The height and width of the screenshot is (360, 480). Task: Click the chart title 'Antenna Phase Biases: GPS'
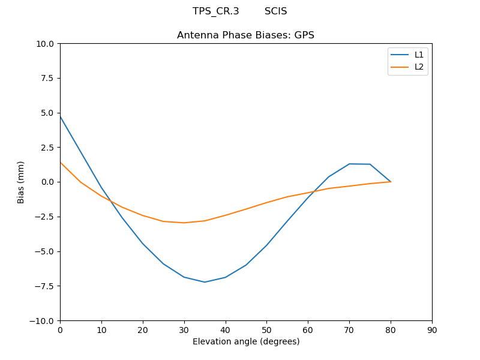pyautogui.click(x=245, y=35)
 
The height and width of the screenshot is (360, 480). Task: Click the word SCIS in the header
pyautogui.click(x=275, y=11)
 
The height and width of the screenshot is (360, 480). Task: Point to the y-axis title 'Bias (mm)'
pyautogui.click(x=21, y=182)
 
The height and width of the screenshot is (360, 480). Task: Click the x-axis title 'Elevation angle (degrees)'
pyautogui.click(x=246, y=341)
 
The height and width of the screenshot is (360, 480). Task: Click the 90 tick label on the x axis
pyautogui.click(x=432, y=330)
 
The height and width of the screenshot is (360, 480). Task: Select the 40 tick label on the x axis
pyautogui.click(x=225, y=330)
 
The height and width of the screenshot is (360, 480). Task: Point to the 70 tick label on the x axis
pyautogui.click(x=349, y=330)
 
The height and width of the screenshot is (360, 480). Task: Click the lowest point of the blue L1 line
pyautogui.click(x=205, y=282)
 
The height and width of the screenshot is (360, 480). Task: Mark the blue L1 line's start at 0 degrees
pyautogui.click(x=61, y=116)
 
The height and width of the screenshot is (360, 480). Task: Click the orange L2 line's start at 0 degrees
pyautogui.click(x=61, y=162)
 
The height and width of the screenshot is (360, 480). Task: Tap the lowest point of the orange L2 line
pyautogui.click(x=184, y=223)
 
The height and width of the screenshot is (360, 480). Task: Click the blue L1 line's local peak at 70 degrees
pyautogui.click(x=349, y=164)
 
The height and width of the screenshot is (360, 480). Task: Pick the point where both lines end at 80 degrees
pyautogui.click(x=391, y=182)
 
